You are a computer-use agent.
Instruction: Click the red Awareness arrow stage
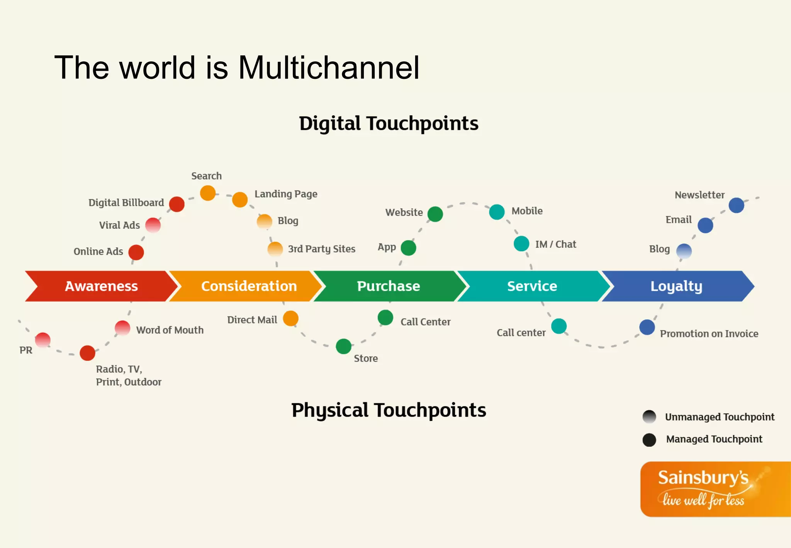pos(101,286)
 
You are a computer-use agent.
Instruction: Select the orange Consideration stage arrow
pos(249,286)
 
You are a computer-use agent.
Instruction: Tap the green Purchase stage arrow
pos(388,286)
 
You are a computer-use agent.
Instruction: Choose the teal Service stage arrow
pos(532,286)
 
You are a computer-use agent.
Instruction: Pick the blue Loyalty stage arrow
pos(676,286)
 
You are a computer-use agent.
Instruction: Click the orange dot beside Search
pos(208,193)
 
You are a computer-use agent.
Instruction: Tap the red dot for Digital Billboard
pos(177,204)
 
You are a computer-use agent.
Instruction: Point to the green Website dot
pos(435,214)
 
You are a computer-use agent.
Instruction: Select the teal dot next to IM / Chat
pos(521,243)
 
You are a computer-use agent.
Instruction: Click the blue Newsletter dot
pos(737,205)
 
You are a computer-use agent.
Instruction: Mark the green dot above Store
pos(344,346)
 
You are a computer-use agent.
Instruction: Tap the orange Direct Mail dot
pos(291,318)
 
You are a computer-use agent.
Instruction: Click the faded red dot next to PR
pos(43,340)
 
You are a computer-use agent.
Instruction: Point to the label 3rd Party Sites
pos(321,249)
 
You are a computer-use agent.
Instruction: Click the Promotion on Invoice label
pos(709,334)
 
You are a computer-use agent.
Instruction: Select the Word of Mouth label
pos(170,330)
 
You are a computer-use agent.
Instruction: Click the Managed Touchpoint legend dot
pos(649,439)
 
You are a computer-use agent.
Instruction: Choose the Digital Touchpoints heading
pos(389,124)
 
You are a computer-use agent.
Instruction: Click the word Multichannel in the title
pos(329,68)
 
